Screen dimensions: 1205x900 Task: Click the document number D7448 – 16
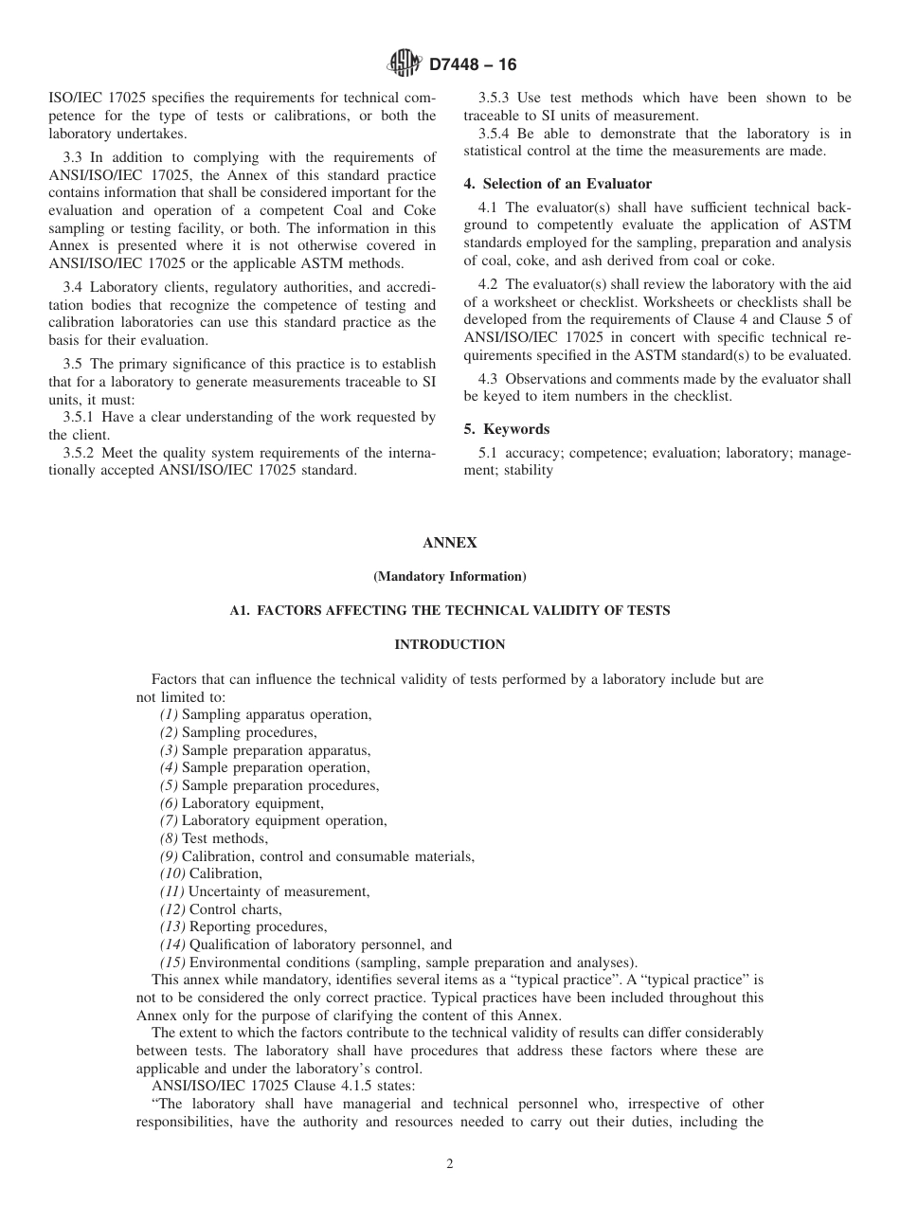click(x=473, y=65)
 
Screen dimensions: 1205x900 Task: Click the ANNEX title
click(x=449, y=543)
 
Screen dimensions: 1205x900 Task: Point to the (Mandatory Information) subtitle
click(x=449, y=576)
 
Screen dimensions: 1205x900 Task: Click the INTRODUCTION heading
click(x=449, y=644)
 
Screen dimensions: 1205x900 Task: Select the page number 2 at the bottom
click(x=450, y=1164)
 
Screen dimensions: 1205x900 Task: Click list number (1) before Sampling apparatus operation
click(x=169, y=715)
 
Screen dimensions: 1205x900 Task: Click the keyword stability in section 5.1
click(x=529, y=470)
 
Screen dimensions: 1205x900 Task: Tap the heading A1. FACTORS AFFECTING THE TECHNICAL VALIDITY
click(x=449, y=610)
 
